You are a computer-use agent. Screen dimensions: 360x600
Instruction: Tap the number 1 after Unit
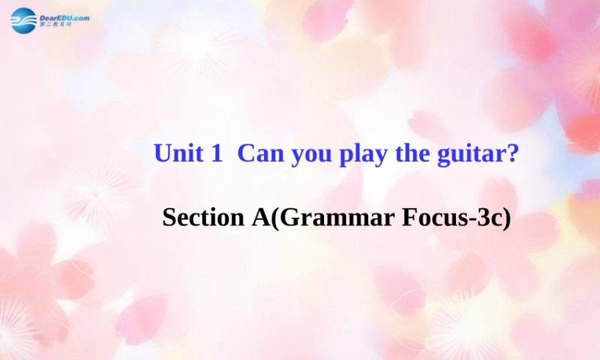click(217, 154)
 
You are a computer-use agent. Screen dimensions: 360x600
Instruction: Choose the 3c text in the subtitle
click(488, 217)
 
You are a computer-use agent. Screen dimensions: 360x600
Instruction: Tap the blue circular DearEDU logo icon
click(23, 20)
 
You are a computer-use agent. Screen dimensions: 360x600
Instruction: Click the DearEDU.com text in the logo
click(64, 17)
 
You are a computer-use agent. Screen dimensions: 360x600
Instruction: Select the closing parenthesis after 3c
click(507, 218)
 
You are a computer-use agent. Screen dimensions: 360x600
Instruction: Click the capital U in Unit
click(162, 154)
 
